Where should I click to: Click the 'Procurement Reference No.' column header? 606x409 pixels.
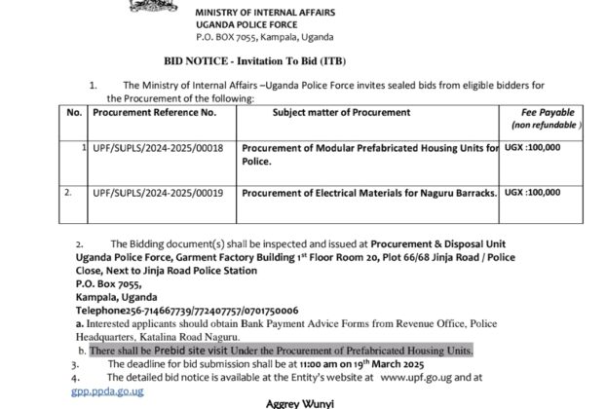(x=154, y=114)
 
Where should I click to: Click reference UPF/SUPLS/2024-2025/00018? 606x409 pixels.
(x=159, y=147)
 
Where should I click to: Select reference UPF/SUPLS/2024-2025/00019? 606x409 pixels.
(x=159, y=192)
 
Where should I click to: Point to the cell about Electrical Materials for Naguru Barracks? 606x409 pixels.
(x=368, y=192)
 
